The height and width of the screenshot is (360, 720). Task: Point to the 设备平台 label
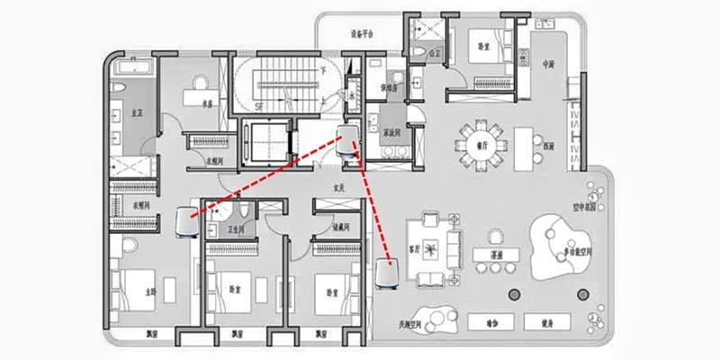[364, 33]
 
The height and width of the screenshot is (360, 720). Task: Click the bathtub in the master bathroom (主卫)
[130, 67]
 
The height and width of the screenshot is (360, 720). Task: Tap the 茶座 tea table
[494, 256]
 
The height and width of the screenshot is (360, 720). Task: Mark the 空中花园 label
[586, 205]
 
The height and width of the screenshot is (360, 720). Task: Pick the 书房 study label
[206, 104]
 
